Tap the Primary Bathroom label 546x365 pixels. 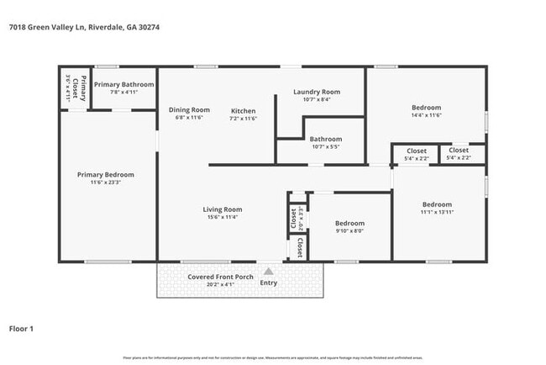click(x=123, y=84)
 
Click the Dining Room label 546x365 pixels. click(x=189, y=110)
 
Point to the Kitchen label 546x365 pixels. click(x=243, y=111)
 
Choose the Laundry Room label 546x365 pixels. click(x=316, y=92)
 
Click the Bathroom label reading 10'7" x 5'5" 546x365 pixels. click(x=325, y=139)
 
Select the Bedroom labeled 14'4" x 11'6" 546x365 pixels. click(x=426, y=108)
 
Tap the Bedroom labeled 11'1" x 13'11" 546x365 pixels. click(x=437, y=204)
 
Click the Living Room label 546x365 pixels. click(x=222, y=209)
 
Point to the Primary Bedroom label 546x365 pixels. click(x=105, y=175)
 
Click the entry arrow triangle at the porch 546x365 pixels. click(x=268, y=271)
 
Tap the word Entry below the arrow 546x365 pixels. click(x=268, y=283)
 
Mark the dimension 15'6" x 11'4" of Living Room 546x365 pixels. click(x=222, y=217)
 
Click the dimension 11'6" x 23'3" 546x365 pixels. click(x=105, y=182)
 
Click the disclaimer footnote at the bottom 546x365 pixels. click(x=272, y=357)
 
